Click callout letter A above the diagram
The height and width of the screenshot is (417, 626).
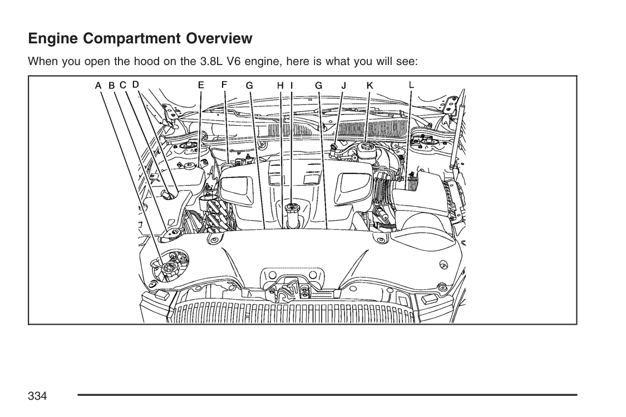pos(98,86)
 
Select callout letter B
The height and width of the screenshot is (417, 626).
pos(112,86)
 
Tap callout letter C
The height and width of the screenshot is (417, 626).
pos(123,85)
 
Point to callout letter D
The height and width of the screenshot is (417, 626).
pos(136,85)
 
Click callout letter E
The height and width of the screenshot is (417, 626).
pos(201,85)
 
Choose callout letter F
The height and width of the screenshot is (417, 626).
pos(224,85)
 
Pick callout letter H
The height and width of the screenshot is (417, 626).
pos(280,86)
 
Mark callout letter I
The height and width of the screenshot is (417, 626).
pos(292,86)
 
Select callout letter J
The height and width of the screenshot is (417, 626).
pos(343,86)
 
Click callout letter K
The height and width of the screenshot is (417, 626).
pos(369,86)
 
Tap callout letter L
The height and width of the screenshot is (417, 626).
pos(411,85)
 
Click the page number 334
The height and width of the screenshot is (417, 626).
pos(37,396)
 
